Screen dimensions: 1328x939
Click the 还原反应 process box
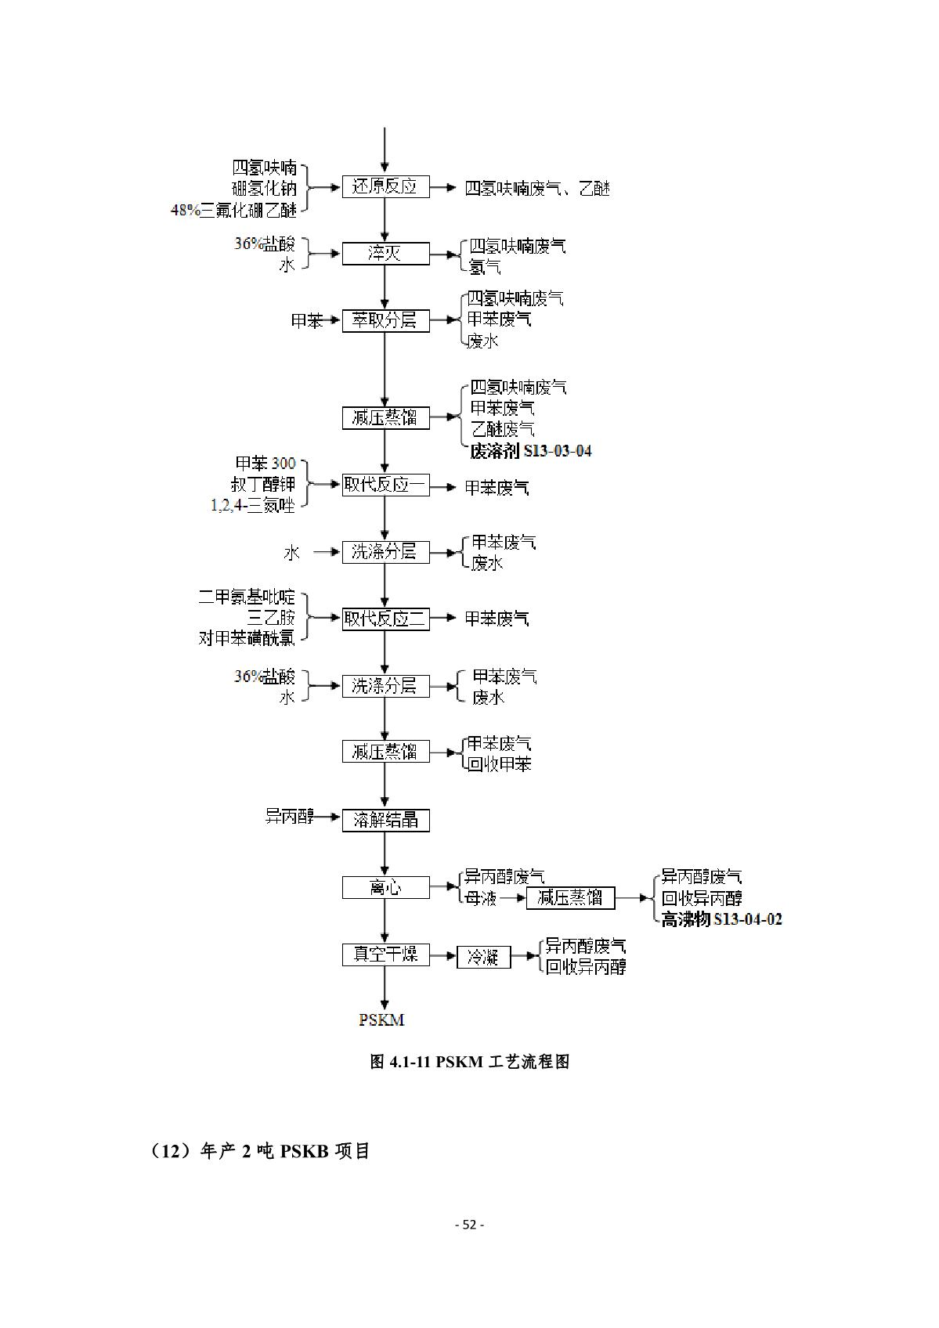(x=385, y=187)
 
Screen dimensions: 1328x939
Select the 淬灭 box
(x=385, y=254)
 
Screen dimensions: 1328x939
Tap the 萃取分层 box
(x=385, y=320)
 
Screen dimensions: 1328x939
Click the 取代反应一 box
(x=385, y=485)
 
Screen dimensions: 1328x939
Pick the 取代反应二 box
(x=385, y=619)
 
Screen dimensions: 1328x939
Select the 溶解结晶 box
(x=385, y=820)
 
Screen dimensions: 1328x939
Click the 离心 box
(x=385, y=887)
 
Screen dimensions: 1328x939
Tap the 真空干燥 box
(x=385, y=954)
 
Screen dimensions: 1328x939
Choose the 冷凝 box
(x=483, y=957)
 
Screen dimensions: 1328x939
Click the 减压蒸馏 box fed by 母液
(x=570, y=898)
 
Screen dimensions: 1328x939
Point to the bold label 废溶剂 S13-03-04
(x=530, y=451)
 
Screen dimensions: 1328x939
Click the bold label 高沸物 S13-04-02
(x=721, y=920)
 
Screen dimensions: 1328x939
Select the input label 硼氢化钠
(x=264, y=188)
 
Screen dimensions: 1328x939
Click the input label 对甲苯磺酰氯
(x=247, y=639)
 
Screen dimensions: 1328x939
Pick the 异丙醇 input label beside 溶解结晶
(x=289, y=817)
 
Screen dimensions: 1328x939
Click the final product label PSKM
(x=381, y=1019)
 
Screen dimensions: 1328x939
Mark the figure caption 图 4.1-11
(x=469, y=1062)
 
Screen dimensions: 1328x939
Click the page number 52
(x=469, y=1225)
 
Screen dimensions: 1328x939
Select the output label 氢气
(x=485, y=267)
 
